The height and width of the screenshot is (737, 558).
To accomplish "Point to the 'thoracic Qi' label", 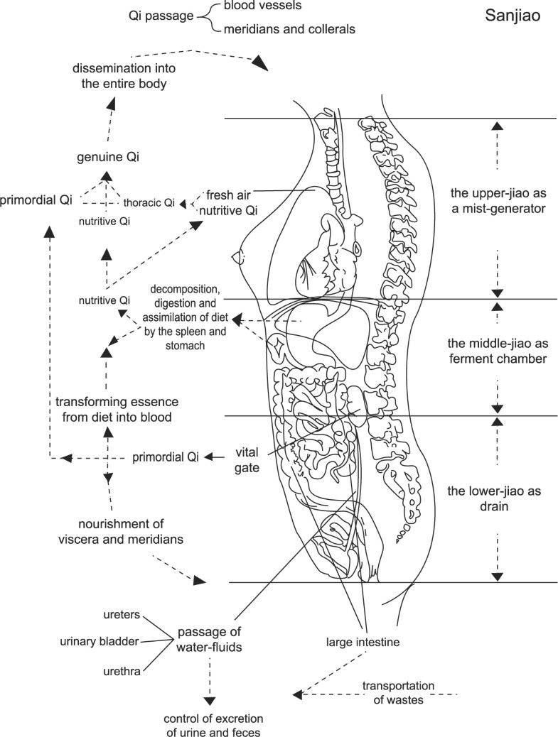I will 151,202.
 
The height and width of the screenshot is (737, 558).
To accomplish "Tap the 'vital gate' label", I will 247,459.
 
